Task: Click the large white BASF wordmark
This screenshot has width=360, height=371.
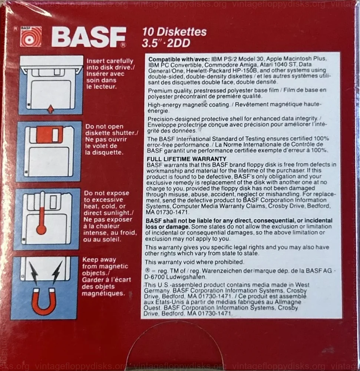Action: point(89,37)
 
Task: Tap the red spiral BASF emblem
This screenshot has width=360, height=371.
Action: point(31,37)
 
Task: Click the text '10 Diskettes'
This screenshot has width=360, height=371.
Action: point(175,32)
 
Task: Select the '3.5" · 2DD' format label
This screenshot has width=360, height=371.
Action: point(166,43)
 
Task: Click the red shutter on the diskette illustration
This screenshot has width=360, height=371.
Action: point(50,134)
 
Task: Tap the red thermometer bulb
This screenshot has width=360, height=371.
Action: point(42,229)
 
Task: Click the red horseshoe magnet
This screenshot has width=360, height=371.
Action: point(43,302)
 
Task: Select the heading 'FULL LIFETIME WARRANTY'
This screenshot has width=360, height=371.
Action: point(186,159)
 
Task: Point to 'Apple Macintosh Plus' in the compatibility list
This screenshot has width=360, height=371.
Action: point(296,59)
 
